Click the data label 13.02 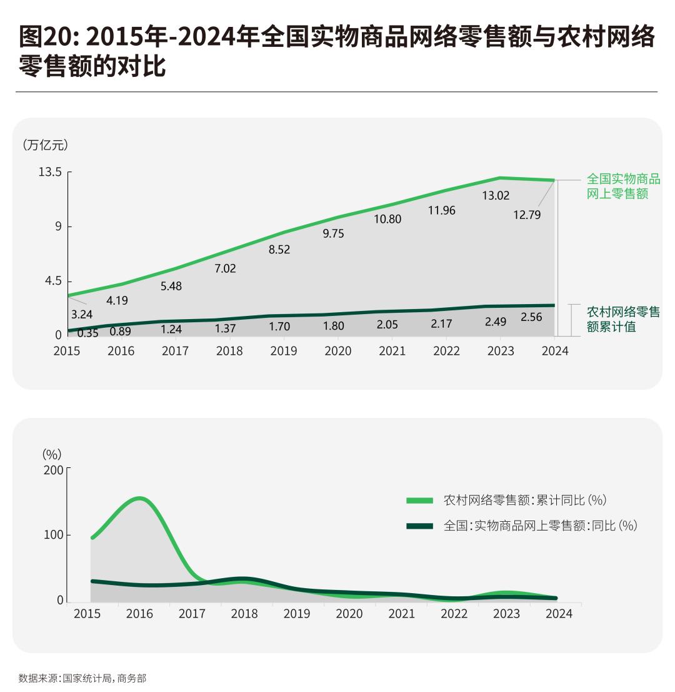point(496,196)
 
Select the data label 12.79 point(527,215)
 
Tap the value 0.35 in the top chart point(88,333)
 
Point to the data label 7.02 point(225,268)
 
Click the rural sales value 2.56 point(531,317)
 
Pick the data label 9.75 point(333,233)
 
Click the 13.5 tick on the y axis point(50,171)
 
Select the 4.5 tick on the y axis point(53,281)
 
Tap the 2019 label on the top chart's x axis point(284,351)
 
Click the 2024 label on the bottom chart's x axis point(559,614)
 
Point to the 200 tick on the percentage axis point(53,469)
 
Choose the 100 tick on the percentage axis point(53,535)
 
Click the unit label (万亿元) point(45,145)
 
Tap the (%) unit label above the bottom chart point(52,454)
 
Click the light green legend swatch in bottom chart point(419,501)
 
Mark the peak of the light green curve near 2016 point(139,499)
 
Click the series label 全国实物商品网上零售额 point(622,186)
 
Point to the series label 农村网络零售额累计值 point(622,319)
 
